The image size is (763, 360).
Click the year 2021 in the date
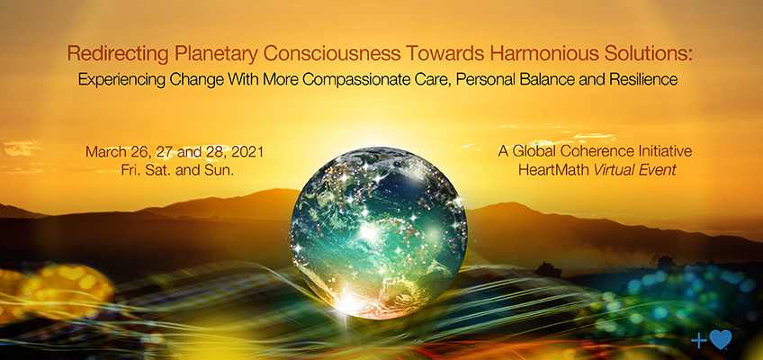pyautogui.click(x=247, y=152)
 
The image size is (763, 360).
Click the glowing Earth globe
pyautogui.click(x=379, y=233)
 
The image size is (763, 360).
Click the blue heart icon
pyautogui.click(x=721, y=339)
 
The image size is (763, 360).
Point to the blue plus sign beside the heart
pyautogui.click(x=699, y=341)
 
